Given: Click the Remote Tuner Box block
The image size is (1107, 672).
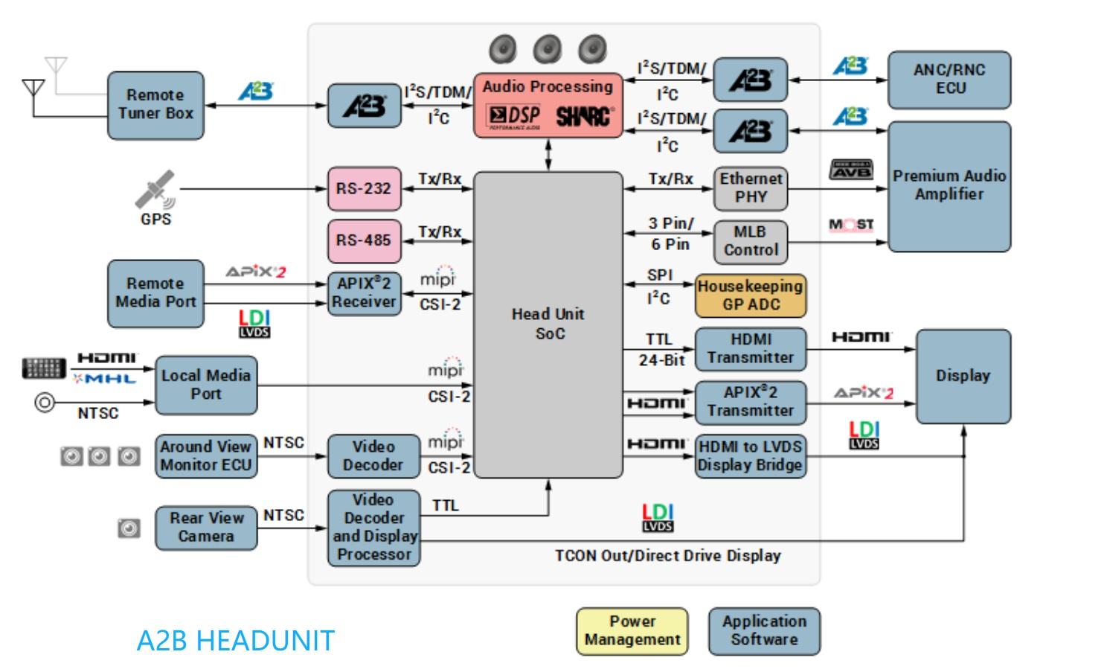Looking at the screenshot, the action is point(155,105).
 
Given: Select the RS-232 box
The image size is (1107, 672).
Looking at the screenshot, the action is point(365,188).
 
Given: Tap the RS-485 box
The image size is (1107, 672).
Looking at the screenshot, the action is point(365,241).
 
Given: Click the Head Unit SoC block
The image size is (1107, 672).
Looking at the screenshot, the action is point(548,324).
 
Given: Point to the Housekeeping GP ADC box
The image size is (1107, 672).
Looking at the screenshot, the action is point(750,295).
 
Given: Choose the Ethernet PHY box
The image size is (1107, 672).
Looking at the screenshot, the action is point(750,188).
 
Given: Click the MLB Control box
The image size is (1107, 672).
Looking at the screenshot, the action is point(750,242).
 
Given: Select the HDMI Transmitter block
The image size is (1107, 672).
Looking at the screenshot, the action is point(750,349).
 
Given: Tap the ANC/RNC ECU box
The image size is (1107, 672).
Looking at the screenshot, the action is point(949,80).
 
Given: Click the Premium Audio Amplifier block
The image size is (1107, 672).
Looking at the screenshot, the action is point(949,187).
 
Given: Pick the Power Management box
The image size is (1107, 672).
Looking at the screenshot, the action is point(632,631).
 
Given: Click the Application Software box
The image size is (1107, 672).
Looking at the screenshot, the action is point(764,631).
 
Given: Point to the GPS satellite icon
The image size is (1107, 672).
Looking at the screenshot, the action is point(155,189).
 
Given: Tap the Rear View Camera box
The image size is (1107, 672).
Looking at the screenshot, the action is point(206,528).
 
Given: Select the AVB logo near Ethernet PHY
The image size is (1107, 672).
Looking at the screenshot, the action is point(850,170).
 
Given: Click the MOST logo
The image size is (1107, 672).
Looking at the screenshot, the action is point(851,225).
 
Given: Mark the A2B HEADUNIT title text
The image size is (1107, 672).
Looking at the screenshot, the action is point(235,641).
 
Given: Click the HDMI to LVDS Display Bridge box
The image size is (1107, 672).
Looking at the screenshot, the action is point(750,456).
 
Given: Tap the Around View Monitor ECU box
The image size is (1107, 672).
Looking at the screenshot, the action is point(206,456).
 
